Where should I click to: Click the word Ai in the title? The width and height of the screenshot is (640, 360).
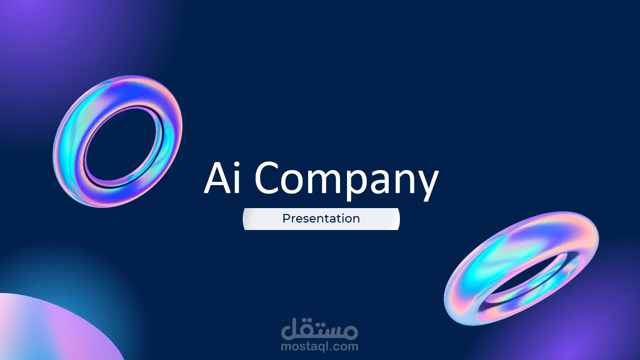(x=222, y=178)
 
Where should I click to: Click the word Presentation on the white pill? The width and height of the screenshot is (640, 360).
(x=321, y=219)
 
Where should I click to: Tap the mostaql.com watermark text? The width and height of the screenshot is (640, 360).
(x=320, y=347)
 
